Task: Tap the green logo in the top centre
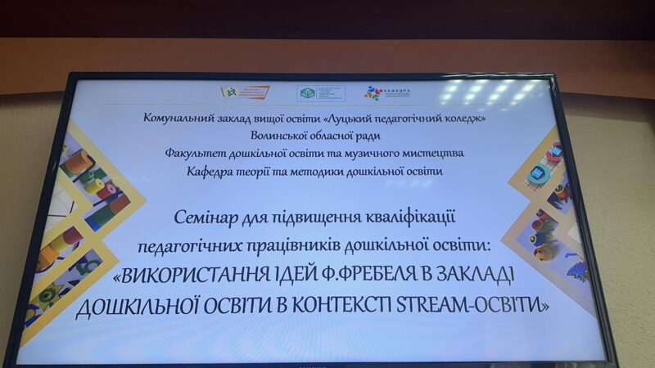tap(307, 93)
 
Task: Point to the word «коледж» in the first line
tap(461, 119)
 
